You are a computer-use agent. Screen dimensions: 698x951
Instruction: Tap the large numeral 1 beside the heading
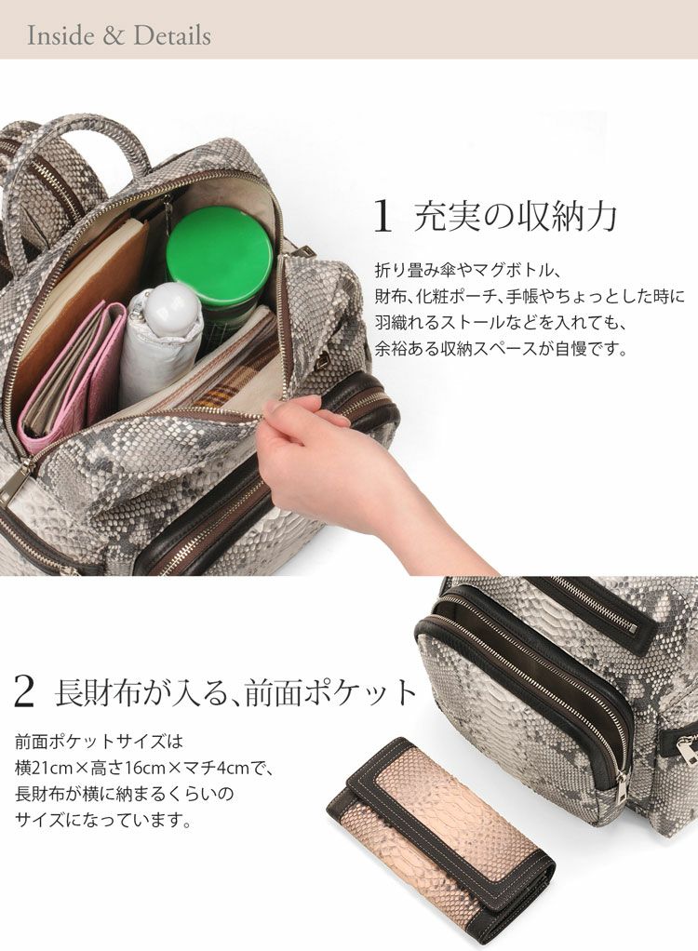tap(383, 217)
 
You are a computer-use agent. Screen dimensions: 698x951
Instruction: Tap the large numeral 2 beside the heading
tap(23, 691)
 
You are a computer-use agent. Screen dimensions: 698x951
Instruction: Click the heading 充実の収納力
tap(516, 217)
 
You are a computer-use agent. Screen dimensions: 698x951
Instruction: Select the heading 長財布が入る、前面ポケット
tap(236, 691)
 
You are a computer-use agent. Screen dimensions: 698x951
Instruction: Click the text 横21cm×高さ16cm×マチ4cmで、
tap(145, 769)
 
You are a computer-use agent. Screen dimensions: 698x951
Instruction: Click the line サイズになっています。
tap(103, 821)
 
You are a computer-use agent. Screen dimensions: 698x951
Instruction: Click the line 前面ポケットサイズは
tap(99, 742)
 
